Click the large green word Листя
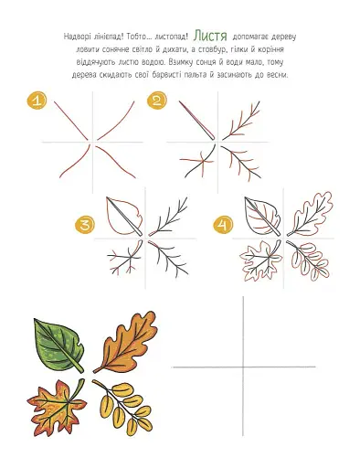[210, 36]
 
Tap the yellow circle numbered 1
[37, 101]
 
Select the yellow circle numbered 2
[157, 101]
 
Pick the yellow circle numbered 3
[85, 225]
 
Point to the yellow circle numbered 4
[223, 225]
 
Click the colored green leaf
[58, 345]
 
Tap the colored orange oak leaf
[126, 342]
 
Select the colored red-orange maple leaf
[58, 407]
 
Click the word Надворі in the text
[76, 37]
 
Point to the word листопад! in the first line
[171, 37]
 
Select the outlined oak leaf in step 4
[310, 214]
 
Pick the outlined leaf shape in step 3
[124, 217]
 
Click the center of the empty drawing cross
[243, 367]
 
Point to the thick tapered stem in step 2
[196, 120]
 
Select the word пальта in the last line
[195, 75]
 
